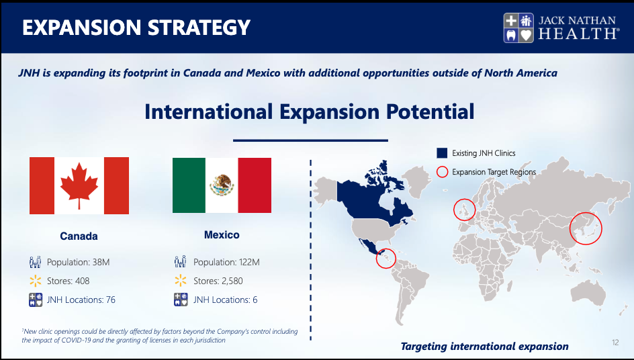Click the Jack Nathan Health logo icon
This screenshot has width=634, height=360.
tap(518, 28)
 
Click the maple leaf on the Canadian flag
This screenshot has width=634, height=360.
tap(79, 185)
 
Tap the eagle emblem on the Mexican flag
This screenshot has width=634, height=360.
tap(222, 185)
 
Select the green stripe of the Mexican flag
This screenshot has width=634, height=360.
tap(189, 185)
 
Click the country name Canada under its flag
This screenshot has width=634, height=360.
tap(79, 236)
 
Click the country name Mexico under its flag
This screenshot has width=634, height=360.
tap(222, 234)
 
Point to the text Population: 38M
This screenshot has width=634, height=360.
tap(78, 262)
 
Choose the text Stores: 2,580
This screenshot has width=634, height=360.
tap(218, 281)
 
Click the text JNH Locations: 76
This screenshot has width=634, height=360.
tap(81, 300)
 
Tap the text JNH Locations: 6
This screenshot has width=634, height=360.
tap(225, 300)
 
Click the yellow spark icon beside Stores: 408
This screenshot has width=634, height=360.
tap(35, 281)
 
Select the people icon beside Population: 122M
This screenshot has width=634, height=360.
tap(181, 262)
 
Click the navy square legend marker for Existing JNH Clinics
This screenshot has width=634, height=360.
tap(442, 153)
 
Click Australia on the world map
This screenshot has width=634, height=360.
tap(588, 292)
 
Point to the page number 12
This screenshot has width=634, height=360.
tap(615, 343)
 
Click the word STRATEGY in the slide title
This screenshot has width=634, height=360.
tap(199, 28)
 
